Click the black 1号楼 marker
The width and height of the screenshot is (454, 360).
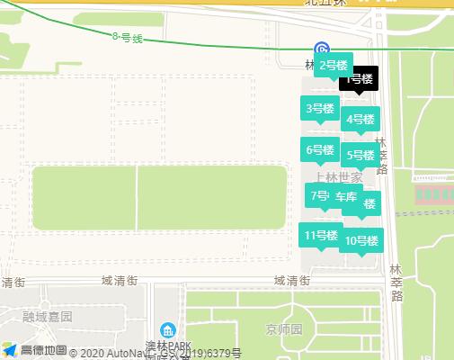361,79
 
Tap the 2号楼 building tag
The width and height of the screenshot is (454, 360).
333,65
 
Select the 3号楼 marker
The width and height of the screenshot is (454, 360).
320,109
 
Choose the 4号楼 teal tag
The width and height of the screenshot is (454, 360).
360,119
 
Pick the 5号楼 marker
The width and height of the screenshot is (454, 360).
360,155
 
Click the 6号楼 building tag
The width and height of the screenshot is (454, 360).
319,150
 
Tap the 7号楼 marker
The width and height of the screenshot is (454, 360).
319,195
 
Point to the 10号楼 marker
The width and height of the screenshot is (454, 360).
361,240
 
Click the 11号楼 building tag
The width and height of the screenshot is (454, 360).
321,236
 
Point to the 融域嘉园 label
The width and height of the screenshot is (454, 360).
48,316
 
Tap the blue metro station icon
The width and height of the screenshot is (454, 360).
321,49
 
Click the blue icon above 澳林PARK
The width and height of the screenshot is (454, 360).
166,331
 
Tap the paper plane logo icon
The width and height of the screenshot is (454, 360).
10,349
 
